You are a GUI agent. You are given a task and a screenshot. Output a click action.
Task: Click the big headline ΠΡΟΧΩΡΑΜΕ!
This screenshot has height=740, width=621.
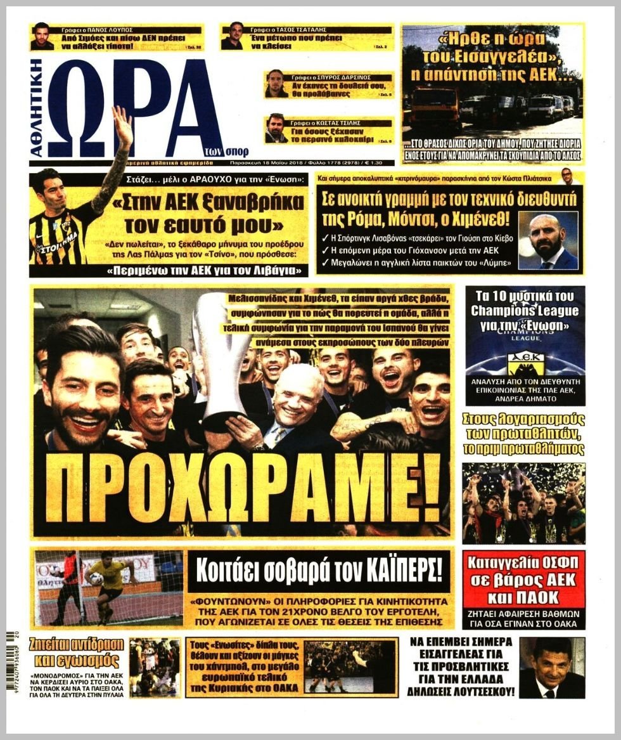243,487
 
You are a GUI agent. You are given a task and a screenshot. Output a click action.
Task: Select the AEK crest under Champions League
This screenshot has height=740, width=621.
525,364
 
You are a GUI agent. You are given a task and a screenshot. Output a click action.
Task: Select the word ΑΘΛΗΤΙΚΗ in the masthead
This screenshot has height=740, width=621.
36,108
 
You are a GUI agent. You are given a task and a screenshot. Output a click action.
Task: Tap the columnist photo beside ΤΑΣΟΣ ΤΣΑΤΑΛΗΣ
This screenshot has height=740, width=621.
232,36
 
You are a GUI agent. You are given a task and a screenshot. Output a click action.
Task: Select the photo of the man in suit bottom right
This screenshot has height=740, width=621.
551,667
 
